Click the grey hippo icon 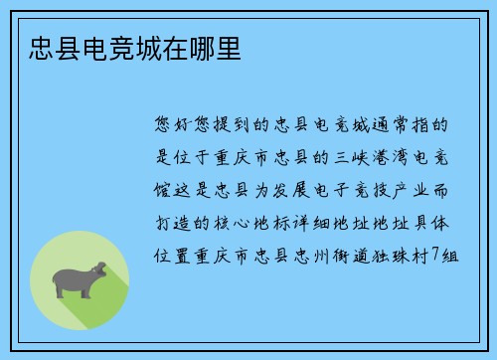tap(81, 281)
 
